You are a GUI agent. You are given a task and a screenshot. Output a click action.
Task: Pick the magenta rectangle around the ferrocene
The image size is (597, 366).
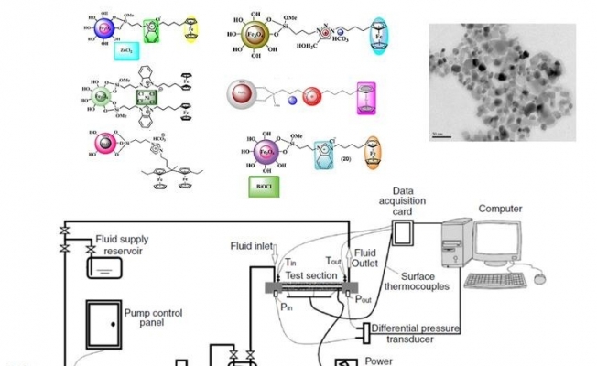366,98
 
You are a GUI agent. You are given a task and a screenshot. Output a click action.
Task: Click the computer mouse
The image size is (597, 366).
541,272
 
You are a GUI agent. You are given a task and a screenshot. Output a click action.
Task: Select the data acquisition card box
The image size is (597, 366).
404,235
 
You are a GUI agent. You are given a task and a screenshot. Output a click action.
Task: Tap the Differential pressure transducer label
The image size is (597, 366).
416,333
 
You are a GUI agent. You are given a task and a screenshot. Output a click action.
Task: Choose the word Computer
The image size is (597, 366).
499,209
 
